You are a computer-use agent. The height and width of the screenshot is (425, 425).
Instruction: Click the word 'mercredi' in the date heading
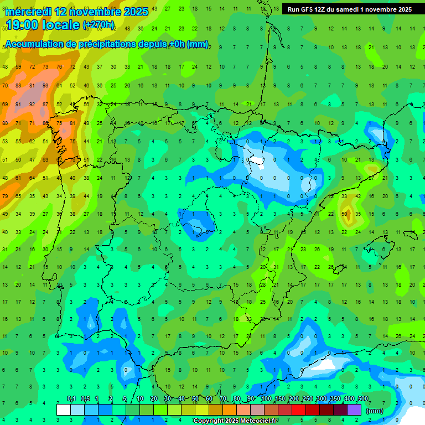point(28,12)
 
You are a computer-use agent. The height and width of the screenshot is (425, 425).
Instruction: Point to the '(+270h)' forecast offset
point(99,25)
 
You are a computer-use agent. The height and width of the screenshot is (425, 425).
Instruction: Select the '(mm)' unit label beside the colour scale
point(375,411)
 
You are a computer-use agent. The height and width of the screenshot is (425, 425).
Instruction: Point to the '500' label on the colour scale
point(362,399)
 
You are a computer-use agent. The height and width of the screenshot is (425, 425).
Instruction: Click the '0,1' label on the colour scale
point(71,399)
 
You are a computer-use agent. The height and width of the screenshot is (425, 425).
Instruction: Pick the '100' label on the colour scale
point(266,399)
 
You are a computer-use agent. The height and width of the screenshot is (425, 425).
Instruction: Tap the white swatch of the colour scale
point(64,410)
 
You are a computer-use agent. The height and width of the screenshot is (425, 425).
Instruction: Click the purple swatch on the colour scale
point(354,410)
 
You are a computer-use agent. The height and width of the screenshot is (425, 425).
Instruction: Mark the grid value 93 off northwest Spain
point(45,85)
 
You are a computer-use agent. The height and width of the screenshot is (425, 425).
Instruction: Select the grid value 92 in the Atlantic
point(32,104)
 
